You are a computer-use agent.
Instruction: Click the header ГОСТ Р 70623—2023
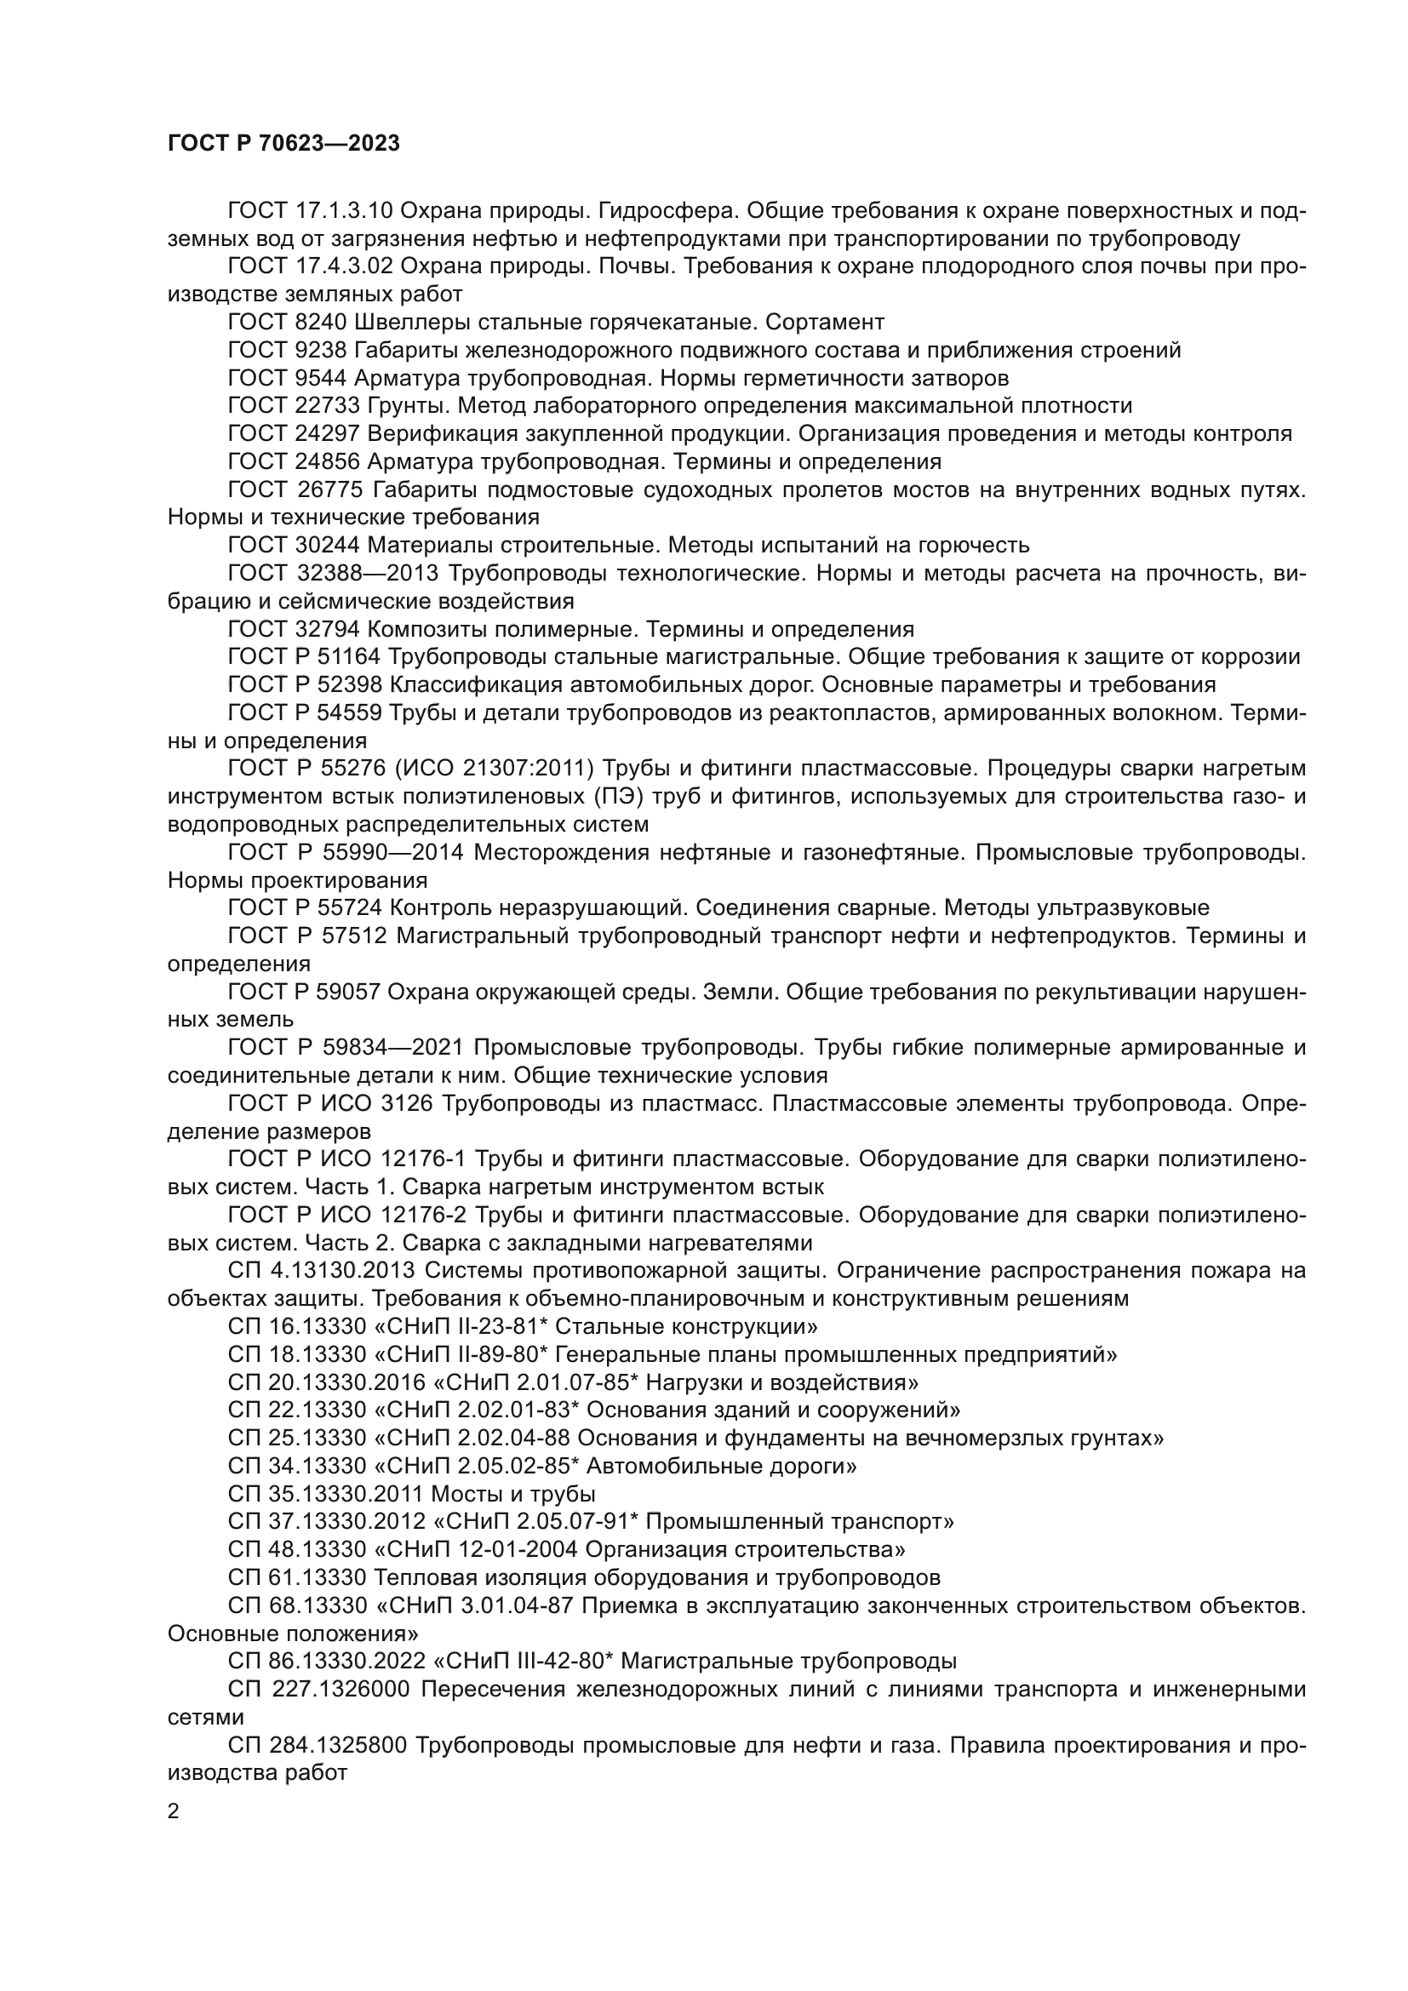click(283, 143)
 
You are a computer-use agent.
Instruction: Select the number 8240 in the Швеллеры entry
click(322, 323)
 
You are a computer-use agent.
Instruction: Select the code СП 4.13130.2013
click(325, 1271)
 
